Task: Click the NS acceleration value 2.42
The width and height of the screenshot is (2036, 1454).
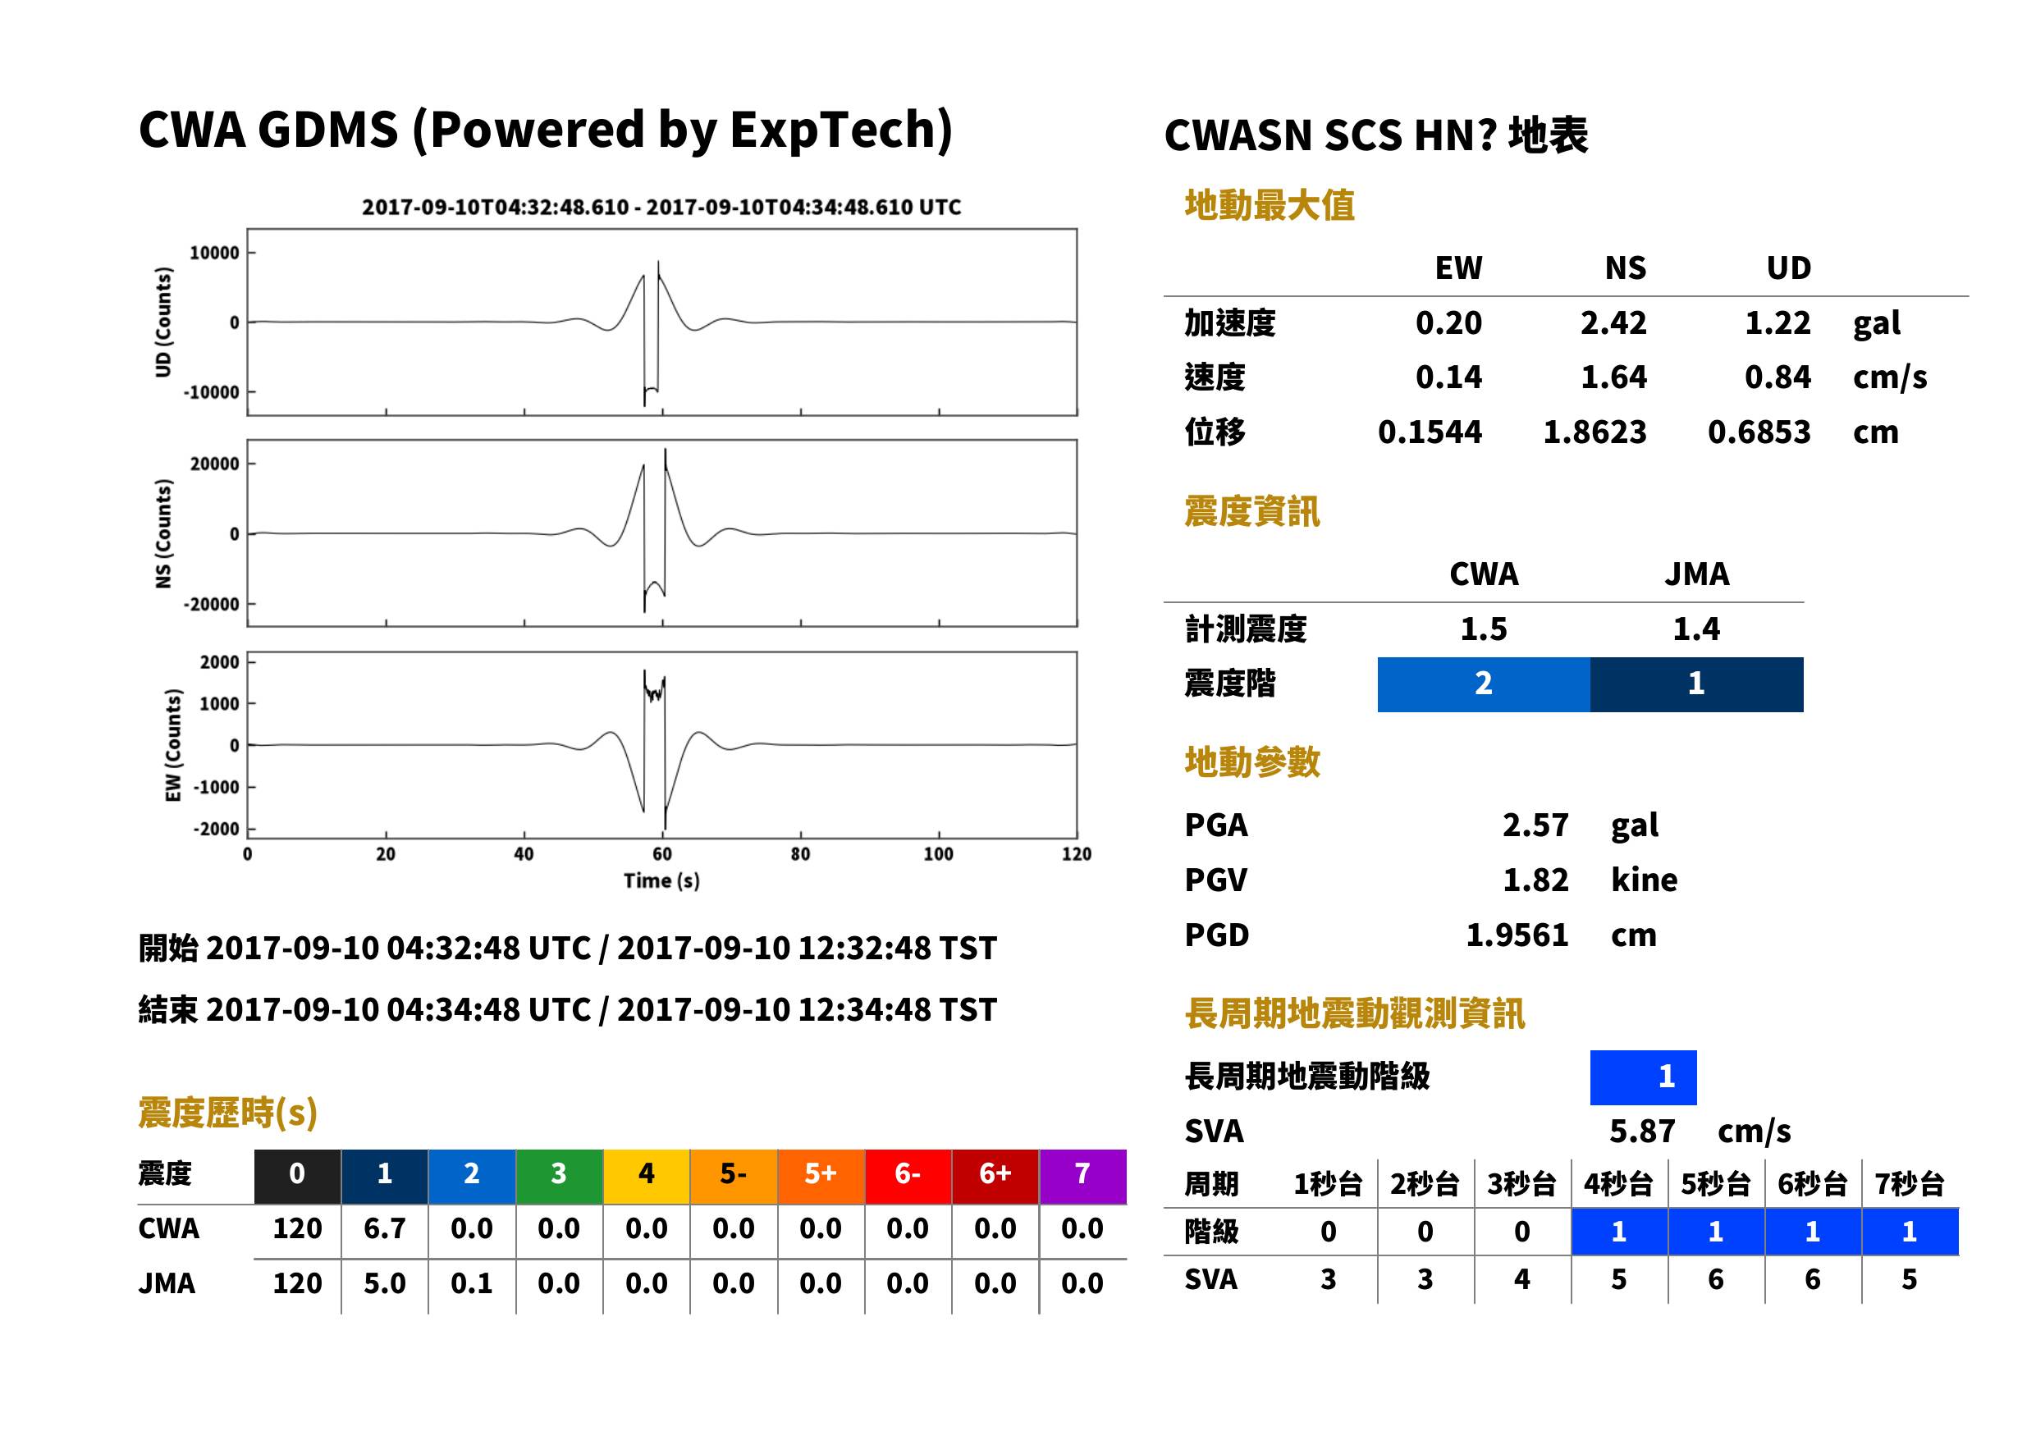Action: pyautogui.click(x=1613, y=323)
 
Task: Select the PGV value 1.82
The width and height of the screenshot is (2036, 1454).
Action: pyautogui.click(x=1535, y=880)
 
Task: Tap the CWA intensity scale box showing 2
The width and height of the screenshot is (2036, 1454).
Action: pyautogui.click(x=1484, y=684)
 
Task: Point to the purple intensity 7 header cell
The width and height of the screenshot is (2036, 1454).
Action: pyautogui.click(x=1082, y=1176)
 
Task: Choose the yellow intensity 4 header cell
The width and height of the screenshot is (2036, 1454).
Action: pyautogui.click(x=647, y=1176)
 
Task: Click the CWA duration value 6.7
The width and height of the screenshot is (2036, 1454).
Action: pyautogui.click(x=385, y=1228)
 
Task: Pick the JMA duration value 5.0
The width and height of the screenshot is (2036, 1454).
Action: pyautogui.click(x=385, y=1283)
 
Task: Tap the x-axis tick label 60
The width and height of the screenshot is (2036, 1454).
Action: pyautogui.click(x=661, y=854)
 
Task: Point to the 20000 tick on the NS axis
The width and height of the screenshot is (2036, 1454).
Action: pyautogui.click(x=215, y=464)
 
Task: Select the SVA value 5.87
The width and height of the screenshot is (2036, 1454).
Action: pyautogui.click(x=1642, y=1132)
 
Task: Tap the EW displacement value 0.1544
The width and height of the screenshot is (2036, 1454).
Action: pyautogui.click(x=1430, y=432)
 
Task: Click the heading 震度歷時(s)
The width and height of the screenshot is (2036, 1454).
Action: pyautogui.click(x=228, y=1113)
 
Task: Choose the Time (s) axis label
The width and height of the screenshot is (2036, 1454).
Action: pyautogui.click(x=661, y=881)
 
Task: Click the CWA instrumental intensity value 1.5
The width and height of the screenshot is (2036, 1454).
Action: pyautogui.click(x=1484, y=629)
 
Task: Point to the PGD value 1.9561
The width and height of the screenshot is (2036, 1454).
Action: pyautogui.click(x=1517, y=935)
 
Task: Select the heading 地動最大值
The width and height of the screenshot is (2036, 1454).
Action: pyautogui.click(x=1270, y=205)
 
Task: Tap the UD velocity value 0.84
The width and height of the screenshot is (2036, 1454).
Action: pyautogui.click(x=1777, y=377)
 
